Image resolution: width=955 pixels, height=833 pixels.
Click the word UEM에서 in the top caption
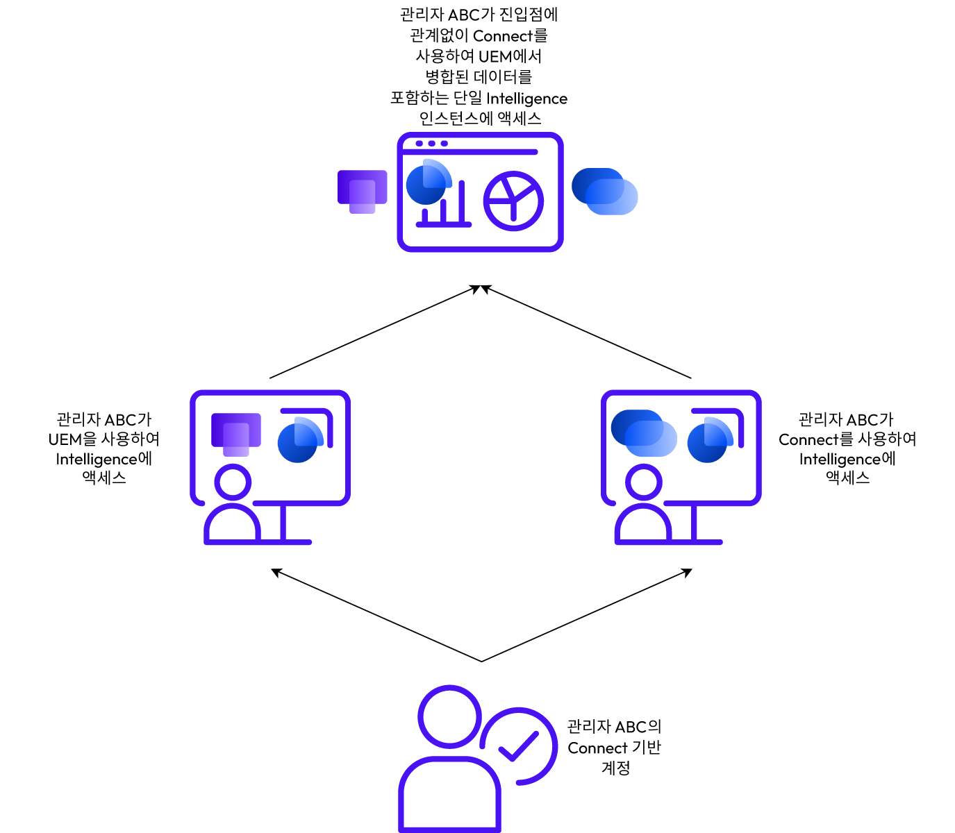pos(510,56)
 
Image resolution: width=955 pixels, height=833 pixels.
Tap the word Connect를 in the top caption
pos(510,36)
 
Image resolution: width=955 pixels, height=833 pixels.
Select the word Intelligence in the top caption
pos(526,99)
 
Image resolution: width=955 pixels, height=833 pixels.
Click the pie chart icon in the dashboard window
pos(513,201)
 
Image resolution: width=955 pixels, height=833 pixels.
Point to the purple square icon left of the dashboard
pos(363,192)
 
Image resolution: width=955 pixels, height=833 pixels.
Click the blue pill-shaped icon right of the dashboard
pos(604,191)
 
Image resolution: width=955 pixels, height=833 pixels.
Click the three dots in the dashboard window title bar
pos(431,143)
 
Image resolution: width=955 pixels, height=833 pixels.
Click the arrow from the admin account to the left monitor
pos(376,615)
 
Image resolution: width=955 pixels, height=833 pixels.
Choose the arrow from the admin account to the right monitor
pos(587,615)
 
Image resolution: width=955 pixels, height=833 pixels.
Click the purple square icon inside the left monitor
pos(235,435)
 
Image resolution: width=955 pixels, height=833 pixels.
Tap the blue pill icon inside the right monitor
pos(644,433)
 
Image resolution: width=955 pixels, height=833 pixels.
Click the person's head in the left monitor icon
pos(233,482)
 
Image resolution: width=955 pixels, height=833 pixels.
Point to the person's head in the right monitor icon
pos(643,482)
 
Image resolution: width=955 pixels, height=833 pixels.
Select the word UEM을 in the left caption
pos(72,439)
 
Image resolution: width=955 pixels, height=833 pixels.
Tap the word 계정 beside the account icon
pos(615,768)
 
